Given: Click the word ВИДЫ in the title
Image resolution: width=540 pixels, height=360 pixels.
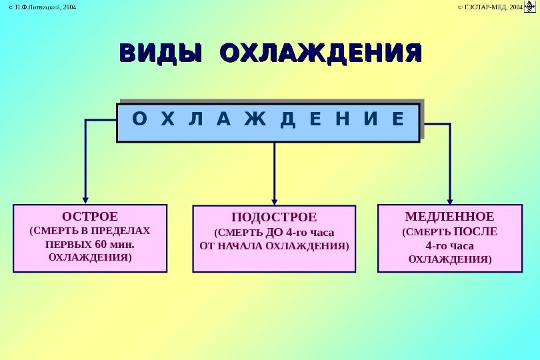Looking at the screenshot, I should point(160,53).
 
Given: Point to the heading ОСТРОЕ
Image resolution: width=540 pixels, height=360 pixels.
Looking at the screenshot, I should point(89,217).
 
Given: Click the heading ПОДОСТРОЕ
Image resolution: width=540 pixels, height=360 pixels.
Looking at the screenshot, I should point(274,218).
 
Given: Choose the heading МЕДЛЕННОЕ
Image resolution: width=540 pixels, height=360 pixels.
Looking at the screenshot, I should point(449,217).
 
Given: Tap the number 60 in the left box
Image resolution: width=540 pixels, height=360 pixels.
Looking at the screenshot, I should point(102,243).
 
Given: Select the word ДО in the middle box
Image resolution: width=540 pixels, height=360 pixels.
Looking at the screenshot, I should point(275,233).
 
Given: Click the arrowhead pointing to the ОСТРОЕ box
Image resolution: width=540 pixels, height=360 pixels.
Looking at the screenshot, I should point(85,199).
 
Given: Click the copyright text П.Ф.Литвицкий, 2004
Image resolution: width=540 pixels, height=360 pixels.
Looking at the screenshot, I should point(41,7).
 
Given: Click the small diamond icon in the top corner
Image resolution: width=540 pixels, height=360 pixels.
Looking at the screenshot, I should point(531,7).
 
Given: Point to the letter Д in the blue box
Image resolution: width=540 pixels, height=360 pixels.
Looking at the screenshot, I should point(287,120).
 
